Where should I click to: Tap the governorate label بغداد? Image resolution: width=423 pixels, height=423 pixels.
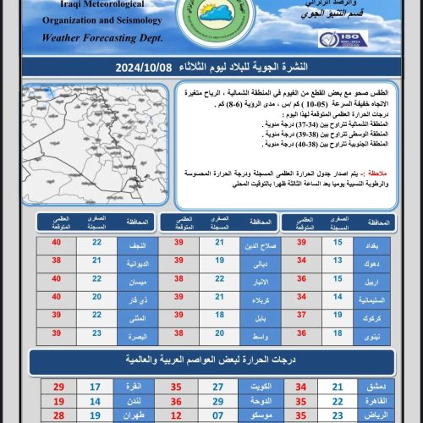379,244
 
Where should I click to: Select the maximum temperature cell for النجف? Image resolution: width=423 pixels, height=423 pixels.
58,244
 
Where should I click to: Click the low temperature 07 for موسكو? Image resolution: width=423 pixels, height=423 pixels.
218,416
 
